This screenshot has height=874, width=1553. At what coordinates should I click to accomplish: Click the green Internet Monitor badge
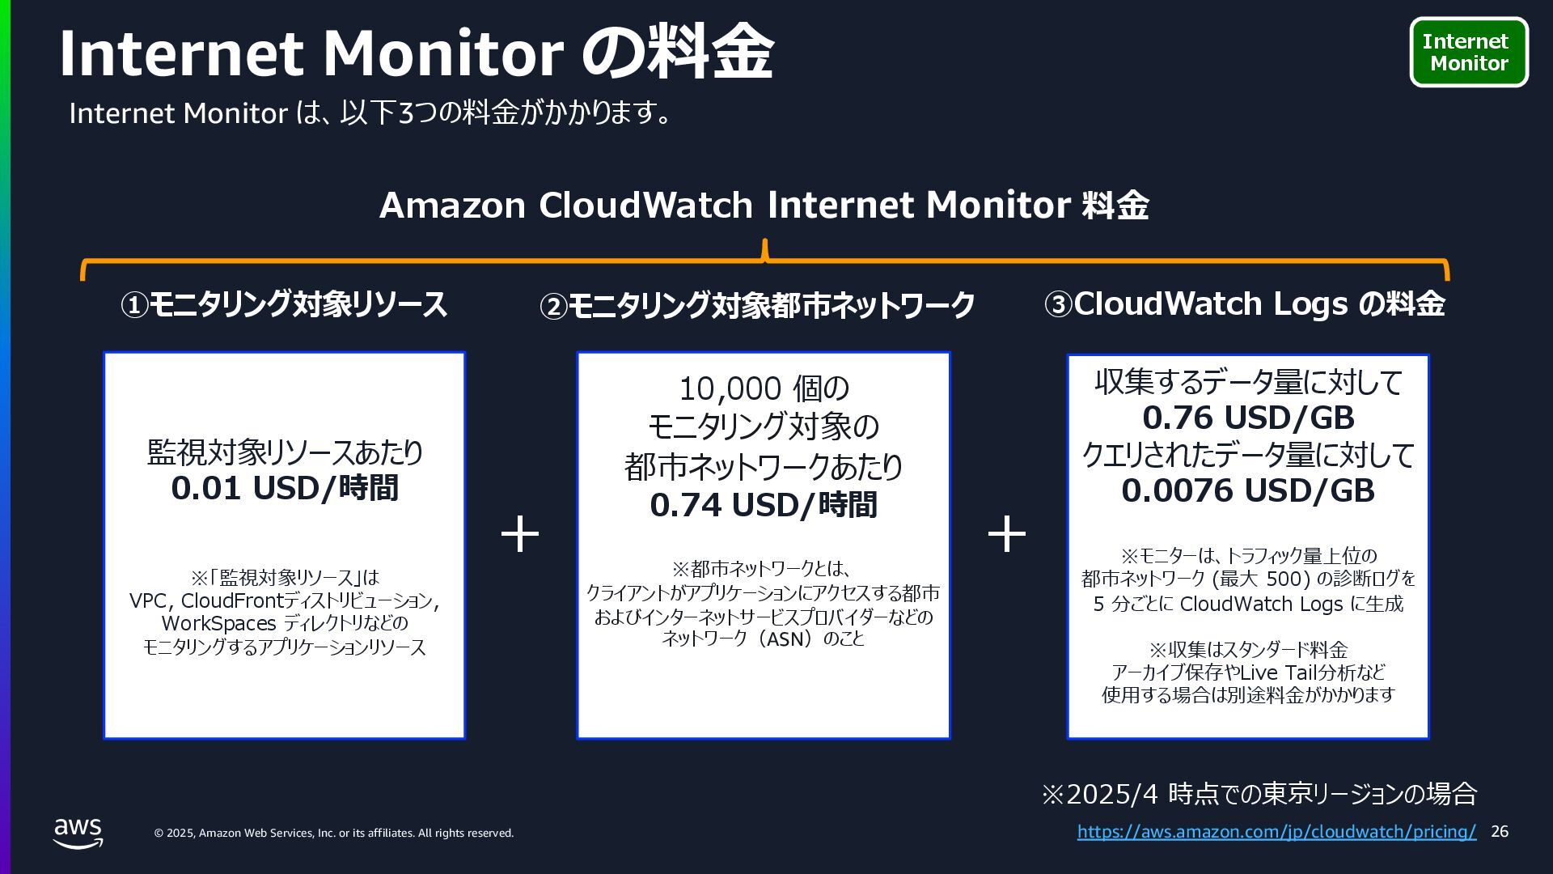[x=1469, y=52]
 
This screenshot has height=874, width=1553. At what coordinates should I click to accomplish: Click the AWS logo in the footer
[x=78, y=833]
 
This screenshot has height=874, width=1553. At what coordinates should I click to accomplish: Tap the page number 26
[x=1499, y=832]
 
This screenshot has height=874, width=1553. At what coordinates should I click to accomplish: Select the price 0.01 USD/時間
[x=285, y=489]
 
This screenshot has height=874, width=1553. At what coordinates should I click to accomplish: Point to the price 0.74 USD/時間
[x=764, y=505]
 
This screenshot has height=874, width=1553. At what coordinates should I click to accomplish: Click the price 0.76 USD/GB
[x=1248, y=418]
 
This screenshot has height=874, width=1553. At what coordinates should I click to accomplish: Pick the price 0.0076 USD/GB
[x=1248, y=490]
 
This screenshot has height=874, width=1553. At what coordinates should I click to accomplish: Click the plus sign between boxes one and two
[x=520, y=535]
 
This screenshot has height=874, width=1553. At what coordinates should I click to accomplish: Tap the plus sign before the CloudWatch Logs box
[x=1007, y=535]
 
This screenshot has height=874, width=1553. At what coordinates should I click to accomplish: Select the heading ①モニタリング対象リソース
[x=284, y=305]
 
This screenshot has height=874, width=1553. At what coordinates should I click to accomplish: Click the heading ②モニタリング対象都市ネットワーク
[x=757, y=306]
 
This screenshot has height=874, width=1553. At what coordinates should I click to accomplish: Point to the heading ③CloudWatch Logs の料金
[x=1245, y=304]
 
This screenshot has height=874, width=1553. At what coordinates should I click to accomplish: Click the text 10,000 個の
[x=764, y=389]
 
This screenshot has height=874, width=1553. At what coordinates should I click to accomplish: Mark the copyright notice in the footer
[x=334, y=833]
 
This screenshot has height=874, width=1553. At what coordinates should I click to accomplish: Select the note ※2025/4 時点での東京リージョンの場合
[x=1259, y=794]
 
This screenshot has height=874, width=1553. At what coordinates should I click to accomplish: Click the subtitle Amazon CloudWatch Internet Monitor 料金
[x=764, y=205]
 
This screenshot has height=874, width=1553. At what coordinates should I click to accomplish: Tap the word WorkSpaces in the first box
[x=219, y=624]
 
